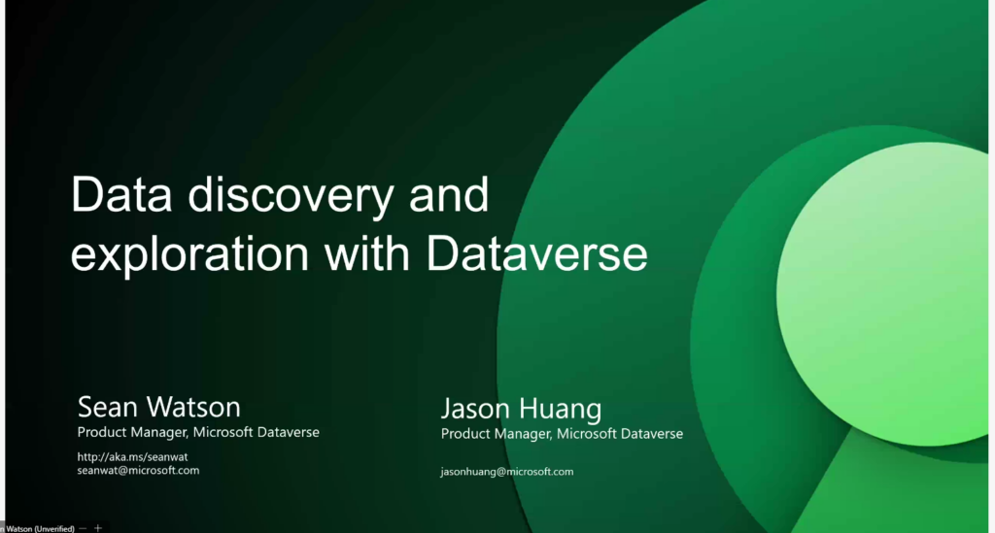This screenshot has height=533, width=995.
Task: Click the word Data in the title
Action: [121, 194]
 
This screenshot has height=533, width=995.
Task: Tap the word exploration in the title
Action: [189, 254]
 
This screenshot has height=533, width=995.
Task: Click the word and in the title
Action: [449, 193]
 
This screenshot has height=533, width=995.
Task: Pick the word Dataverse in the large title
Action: [536, 253]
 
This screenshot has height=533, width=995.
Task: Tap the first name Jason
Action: [476, 408]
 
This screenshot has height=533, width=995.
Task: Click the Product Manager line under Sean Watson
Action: [198, 432]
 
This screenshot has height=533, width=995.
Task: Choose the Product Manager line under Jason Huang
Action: [562, 434]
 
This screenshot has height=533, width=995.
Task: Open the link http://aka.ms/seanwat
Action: [132, 457]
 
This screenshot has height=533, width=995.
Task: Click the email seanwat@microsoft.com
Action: [138, 470]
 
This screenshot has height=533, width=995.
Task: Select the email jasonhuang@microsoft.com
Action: [507, 472]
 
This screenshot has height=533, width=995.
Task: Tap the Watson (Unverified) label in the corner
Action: [39, 528]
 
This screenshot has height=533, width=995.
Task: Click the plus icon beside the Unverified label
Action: [98, 528]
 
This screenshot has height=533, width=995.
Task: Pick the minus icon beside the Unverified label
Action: [84, 528]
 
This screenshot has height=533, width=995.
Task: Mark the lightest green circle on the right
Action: [882, 293]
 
